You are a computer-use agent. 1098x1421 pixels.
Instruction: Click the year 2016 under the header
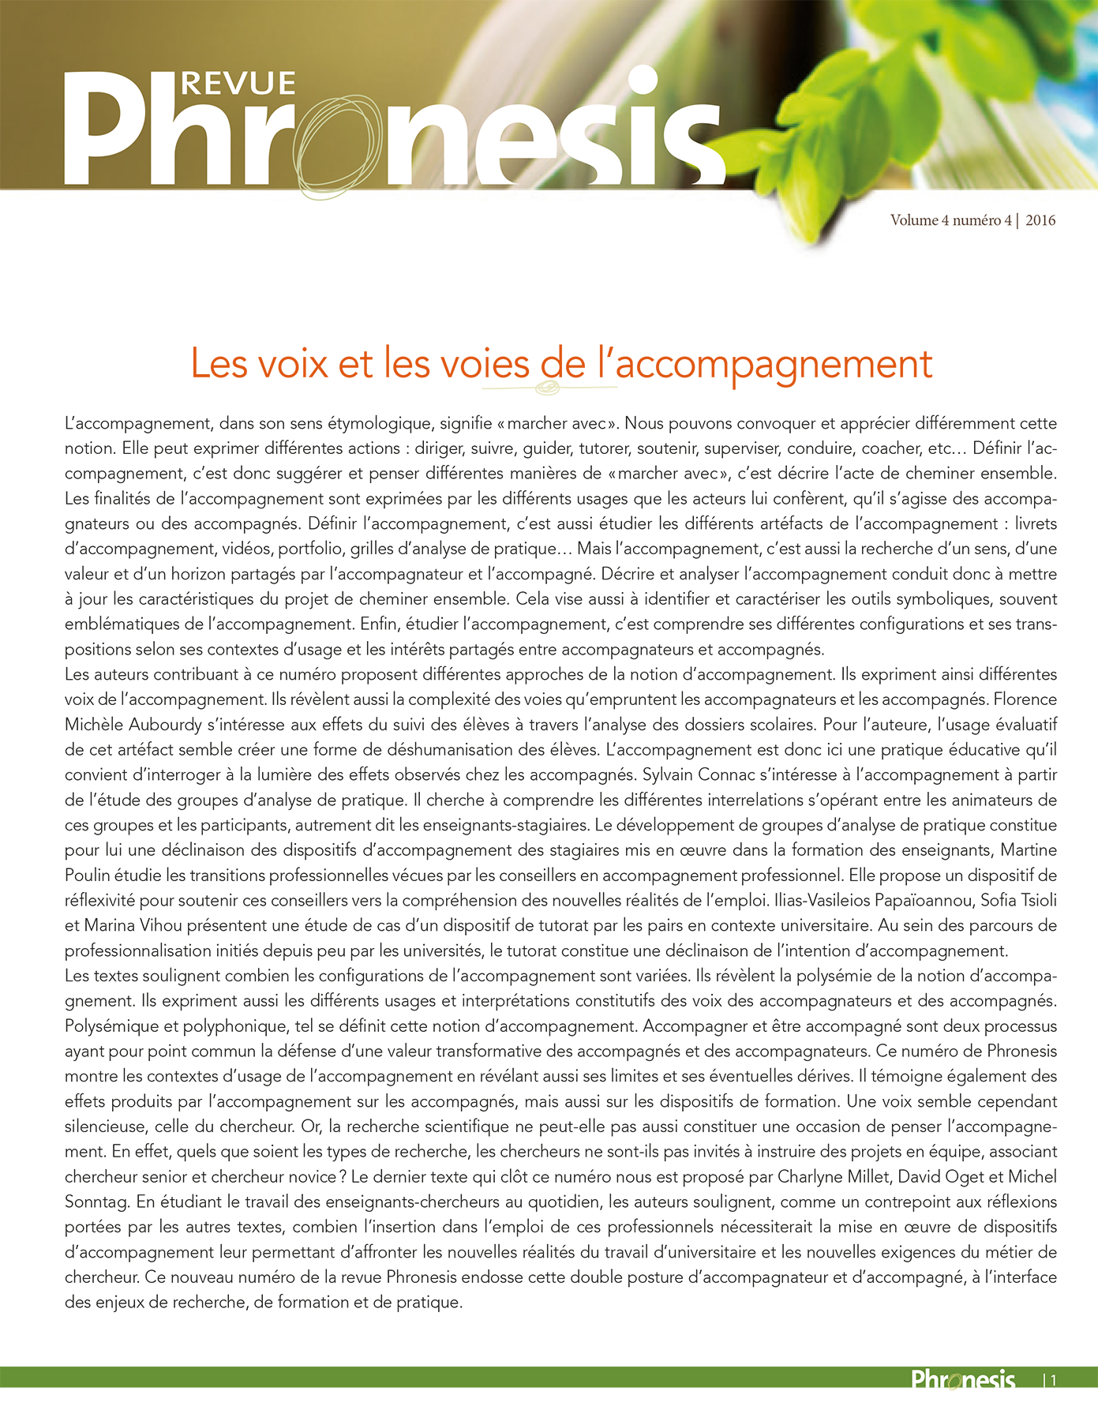[1040, 221]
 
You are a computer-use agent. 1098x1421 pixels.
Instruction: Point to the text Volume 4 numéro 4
[950, 221]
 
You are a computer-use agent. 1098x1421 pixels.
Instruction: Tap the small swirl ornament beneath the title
[547, 388]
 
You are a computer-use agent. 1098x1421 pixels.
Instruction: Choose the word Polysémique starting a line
[110, 1026]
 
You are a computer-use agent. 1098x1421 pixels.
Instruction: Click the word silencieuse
[104, 1127]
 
